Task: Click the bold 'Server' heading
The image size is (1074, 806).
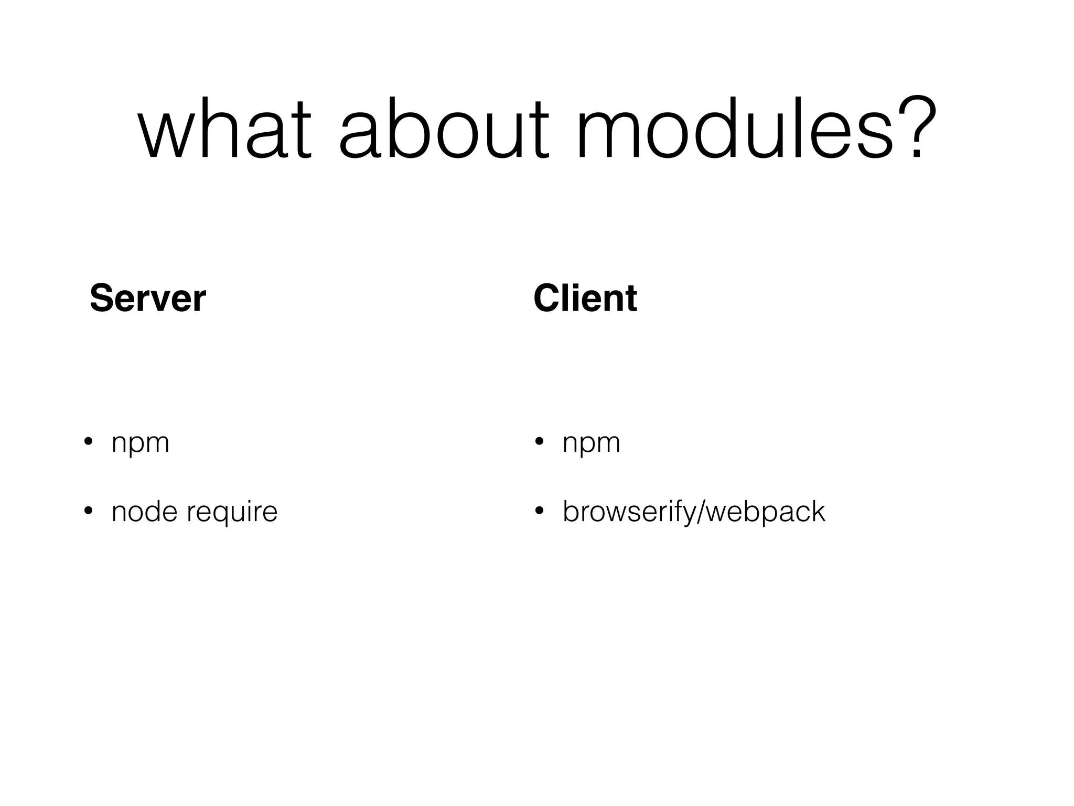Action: click(x=147, y=298)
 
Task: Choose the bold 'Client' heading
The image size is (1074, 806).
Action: click(x=585, y=298)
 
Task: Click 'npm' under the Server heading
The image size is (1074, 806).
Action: click(x=141, y=443)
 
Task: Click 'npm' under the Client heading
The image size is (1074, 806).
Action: click(x=591, y=443)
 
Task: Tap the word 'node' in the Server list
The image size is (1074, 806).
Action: click(x=145, y=512)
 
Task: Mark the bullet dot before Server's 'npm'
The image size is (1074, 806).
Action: click(x=88, y=441)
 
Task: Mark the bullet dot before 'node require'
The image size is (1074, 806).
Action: click(x=88, y=511)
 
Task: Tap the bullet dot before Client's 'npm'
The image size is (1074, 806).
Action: click(x=539, y=441)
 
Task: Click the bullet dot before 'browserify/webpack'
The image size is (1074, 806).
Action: click(x=539, y=511)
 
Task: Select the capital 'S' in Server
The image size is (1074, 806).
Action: click(x=102, y=298)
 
